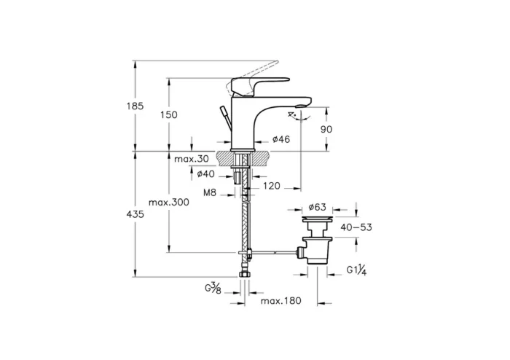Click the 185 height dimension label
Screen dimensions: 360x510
tap(136, 106)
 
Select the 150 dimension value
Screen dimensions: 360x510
tap(169, 115)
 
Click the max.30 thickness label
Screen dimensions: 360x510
tap(192, 158)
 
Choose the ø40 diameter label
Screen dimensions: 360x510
tap(205, 173)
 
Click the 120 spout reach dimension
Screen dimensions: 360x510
tap(271, 187)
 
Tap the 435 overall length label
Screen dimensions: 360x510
tap(136, 214)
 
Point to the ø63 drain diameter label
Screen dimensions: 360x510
tap(316, 207)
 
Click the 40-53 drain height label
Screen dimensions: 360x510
tap(356, 227)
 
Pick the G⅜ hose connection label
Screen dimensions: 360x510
tap(213, 289)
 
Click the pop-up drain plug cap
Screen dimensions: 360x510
tap(316, 218)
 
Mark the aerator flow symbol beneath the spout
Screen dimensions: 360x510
tap(294, 115)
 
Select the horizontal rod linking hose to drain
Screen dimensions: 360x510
tap(273, 253)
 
